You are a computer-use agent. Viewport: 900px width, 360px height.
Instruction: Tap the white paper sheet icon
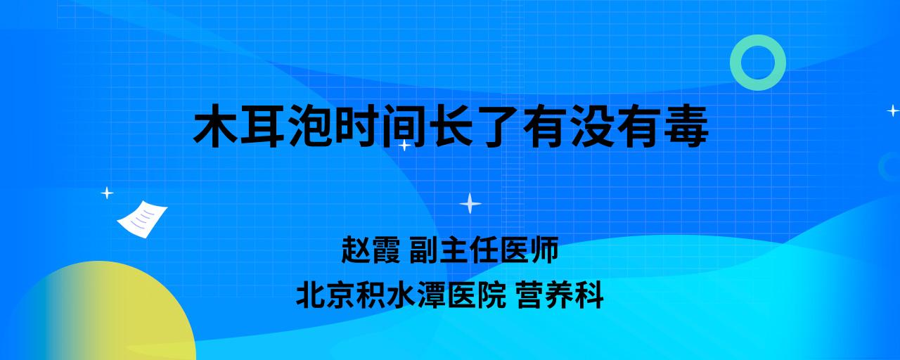click(x=142, y=219)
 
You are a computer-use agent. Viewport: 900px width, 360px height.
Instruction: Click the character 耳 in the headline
click(x=263, y=125)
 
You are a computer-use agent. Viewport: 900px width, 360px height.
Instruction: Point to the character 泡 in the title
click(x=310, y=125)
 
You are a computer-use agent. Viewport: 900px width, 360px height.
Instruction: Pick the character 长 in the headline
click(x=451, y=125)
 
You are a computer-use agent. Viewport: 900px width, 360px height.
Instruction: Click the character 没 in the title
click(x=592, y=125)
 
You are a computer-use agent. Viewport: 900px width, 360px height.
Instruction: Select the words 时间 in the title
click(x=380, y=125)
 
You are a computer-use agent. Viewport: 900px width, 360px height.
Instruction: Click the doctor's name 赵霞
click(x=371, y=250)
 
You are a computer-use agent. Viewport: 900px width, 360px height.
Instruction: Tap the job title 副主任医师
click(x=484, y=250)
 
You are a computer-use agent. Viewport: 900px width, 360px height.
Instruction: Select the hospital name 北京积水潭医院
click(x=401, y=295)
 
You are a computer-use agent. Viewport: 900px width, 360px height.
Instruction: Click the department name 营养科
click(x=560, y=295)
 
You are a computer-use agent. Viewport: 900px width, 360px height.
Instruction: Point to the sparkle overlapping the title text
click(x=404, y=145)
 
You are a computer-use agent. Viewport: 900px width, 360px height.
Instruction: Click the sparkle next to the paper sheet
click(x=107, y=193)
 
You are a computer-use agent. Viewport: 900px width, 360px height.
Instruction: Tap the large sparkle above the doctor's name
click(x=470, y=203)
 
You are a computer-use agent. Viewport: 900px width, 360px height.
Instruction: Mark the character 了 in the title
click(x=498, y=125)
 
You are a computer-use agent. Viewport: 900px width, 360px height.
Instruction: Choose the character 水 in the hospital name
click(x=401, y=295)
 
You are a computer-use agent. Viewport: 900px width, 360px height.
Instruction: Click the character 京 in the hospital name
click(x=341, y=295)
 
